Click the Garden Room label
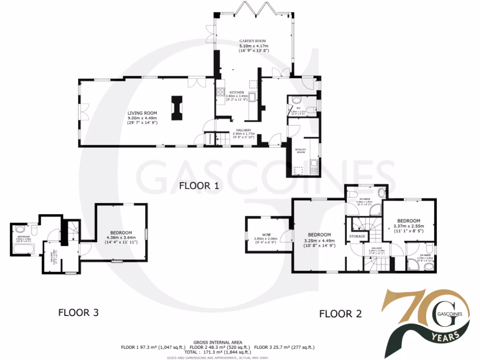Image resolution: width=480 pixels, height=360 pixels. coord(253,42)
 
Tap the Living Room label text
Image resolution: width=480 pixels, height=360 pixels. coord(142,113)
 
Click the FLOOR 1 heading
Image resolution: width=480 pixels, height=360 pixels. coord(199,186)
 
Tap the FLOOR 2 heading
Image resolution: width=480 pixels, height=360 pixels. coord(340,314)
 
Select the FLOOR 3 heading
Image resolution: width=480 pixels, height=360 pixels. coord(78,312)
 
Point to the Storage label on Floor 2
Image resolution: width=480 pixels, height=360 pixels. coord(357,236)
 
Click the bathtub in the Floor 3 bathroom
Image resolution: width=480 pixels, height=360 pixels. coord(22,247)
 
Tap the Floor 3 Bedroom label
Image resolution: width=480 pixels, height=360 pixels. coord(121,232)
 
